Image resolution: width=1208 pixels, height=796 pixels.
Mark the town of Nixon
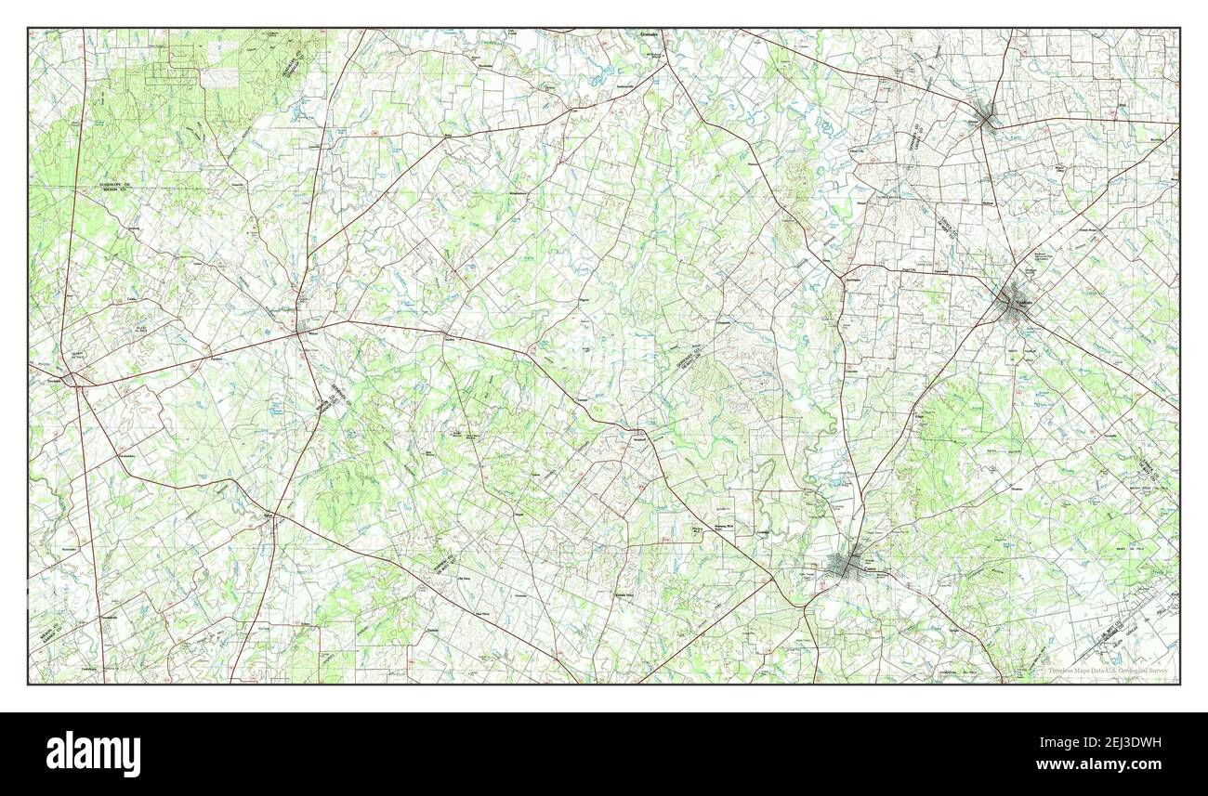pyautogui.click(x=305, y=329)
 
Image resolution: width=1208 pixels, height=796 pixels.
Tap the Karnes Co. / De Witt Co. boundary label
pyautogui.click(x=445, y=564)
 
